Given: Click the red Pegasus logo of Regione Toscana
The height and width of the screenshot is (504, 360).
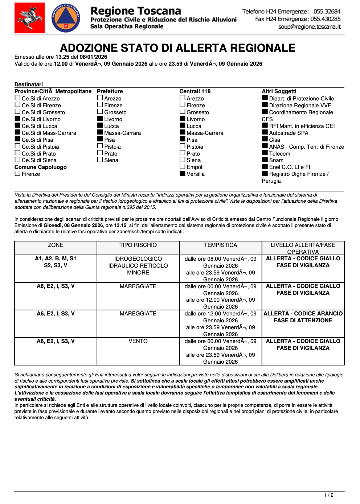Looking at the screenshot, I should tap(30, 18).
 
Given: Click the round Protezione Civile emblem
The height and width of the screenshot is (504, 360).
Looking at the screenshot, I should tap(66, 18).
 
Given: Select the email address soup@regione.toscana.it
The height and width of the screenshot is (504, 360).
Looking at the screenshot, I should tap(309, 27).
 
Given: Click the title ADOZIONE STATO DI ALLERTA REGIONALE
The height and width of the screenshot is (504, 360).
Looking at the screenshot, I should tap(177, 48).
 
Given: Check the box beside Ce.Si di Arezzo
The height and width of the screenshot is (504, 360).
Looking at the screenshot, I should tap(17, 98).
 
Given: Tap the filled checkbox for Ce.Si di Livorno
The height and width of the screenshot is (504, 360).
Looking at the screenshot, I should tap(17, 119).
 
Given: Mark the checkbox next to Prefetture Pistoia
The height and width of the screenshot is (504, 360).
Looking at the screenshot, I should tap(100, 146).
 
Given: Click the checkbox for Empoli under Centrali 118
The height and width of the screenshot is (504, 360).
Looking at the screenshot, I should tap(182, 166).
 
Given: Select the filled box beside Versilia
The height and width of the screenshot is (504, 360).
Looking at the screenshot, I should tap(182, 173).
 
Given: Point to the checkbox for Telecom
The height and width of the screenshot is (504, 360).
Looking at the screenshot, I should tap(265, 153).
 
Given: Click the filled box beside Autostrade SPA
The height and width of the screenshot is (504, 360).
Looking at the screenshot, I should tap(265, 132).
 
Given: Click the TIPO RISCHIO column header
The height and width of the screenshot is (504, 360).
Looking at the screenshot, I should tap(138, 245).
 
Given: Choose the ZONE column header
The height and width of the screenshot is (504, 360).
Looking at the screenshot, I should tap(56, 245).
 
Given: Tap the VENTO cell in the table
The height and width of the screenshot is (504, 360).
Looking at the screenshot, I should tap(138, 341).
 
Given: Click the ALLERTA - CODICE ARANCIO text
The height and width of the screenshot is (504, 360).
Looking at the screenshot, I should tap(303, 314).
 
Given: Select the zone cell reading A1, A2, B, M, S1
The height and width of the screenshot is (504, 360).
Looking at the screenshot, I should tap(56, 259).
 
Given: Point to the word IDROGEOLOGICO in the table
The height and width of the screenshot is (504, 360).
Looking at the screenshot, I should tap(138, 259).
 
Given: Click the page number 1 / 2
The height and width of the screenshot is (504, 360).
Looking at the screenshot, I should tap(328, 495).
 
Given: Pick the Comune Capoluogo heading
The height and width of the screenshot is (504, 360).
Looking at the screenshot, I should tap(41, 167).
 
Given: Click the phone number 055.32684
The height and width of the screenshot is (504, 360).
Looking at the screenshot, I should tap(327, 12).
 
